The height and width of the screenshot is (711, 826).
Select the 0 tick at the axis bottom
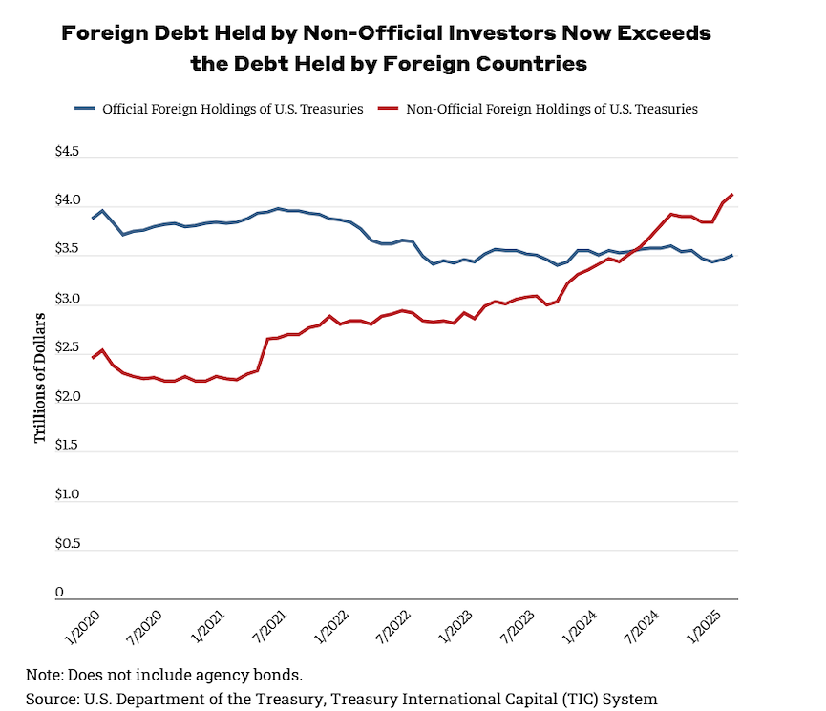tap(59, 593)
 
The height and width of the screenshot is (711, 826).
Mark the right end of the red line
tap(731, 195)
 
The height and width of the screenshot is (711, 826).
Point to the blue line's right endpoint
tap(731, 255)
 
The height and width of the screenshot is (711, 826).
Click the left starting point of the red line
tap(93, 358)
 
